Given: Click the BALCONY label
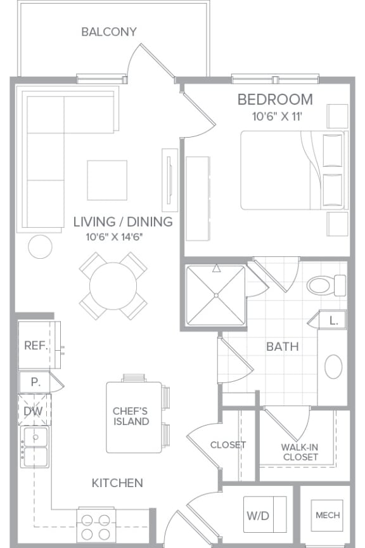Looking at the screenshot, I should pyautogui.click(x=109, y=32).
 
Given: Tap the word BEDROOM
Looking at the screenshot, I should pyautogui.click(x=275, y=100).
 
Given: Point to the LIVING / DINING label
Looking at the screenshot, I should pyautogui.click(x=122, y=222).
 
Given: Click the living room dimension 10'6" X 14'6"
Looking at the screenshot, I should pyautogui.click(x=115, y=237).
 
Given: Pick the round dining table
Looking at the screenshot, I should pyautogui.click(x=113, y=285).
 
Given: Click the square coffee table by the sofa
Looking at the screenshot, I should pyautogui.click(x=107, y=179).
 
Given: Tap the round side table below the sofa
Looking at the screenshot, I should pyautogui.click(x=41, y=246).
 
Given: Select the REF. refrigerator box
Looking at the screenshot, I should pyautogui.click(x=35, y=346).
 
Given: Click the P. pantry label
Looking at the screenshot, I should pyautogui.click(x=35, y=382).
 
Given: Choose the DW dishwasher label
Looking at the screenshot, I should pyautogui.click(x=33, y=411).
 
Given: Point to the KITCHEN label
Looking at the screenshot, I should pyautogui.click(x=117, y=483).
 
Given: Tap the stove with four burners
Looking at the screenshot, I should pyautogui.click(x=96, y=525).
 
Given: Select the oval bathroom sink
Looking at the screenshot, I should pyautogui.click(x=333, y=367).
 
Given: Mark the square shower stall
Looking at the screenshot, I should pyautogui.click(x=216, y=296).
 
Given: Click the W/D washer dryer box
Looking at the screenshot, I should pyautogui.click(x=257, y=516).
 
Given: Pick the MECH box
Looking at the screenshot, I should pyautogui.click(x=328, y=515).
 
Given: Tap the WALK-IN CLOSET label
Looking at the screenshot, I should pyautogui.click(x=300, y=452).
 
